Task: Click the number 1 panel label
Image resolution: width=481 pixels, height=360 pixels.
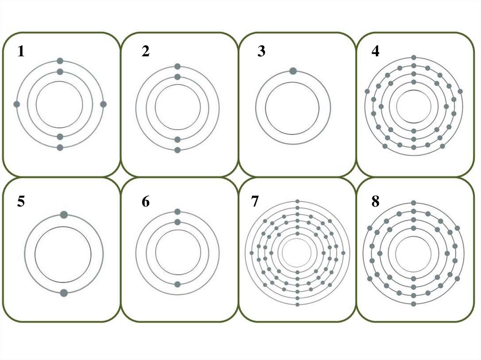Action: (21, 51)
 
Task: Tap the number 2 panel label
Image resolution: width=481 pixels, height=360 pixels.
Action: (146, 51)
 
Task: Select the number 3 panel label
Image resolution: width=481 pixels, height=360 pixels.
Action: (261, 51)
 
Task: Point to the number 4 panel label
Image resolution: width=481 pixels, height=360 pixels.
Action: (375, 51)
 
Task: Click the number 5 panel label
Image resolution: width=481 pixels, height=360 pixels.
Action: (21, 201)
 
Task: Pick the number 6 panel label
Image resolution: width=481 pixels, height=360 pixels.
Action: (146, 201)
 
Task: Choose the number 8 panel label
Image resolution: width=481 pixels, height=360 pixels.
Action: (375, 201)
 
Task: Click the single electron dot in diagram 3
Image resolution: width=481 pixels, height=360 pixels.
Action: (293, 71)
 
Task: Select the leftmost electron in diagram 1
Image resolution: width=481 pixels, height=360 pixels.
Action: (17, 104)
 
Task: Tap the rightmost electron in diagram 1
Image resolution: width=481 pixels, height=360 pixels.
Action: (103, 104)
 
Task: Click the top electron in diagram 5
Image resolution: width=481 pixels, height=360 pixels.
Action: (64, 214)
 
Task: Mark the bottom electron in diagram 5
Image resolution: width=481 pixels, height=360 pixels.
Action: (64, 293)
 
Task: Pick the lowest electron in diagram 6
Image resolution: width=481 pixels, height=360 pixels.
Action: (177, 284)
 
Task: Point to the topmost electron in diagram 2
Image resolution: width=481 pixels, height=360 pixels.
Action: (177, 67)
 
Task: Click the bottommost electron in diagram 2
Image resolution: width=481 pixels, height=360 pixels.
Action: (177, 150)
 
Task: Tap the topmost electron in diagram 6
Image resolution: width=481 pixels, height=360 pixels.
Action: (177, 212)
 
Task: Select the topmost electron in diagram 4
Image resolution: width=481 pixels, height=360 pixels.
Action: (413, 57)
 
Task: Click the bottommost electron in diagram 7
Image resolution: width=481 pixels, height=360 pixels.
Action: (297, 304)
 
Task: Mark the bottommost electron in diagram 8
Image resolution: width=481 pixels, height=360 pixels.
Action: (413, 304)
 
